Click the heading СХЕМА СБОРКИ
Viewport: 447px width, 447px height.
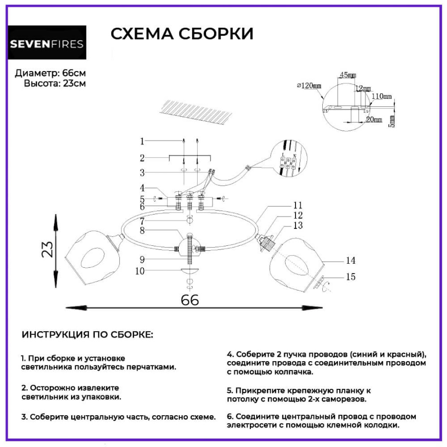pyautogui.click(x=182, y=34)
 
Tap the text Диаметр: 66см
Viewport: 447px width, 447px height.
pyautogui.click(x=50, y=73)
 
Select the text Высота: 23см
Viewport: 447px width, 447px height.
pyautogui.click(x=55, y=83)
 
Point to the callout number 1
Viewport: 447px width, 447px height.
pyautogui.click(x=142, y=141)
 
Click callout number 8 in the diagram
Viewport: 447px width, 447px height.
pyautogui.click(x=142, y=230)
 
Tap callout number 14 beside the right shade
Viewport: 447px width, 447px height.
pyautogui.click(x=351, y=260)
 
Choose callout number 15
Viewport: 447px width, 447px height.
pyautogui.click(x=351, y=277)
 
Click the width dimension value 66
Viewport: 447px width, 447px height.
pyautogui.click(x=189, y=300)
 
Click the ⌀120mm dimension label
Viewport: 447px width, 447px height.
pyautogui.click(x=309, y=86)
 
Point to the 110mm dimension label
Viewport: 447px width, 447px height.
pyautogui.click(x=381, y=96)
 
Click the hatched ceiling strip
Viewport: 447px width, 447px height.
pyautogui.click(x=198, y=111)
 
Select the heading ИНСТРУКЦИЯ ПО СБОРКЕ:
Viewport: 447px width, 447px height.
pyautogui.click(x=87, y=335)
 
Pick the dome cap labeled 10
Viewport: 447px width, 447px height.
pyautogui.click(x=190, y=270)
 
